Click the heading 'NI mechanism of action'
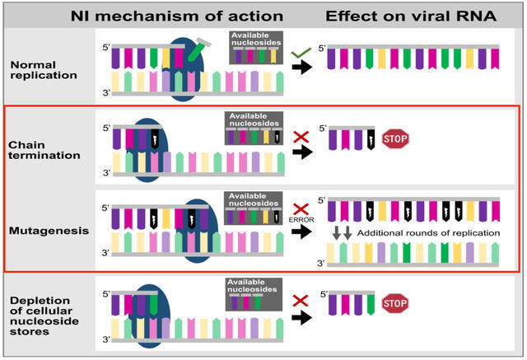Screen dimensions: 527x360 (x=177, y=16)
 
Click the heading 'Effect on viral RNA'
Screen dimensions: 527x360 (x=411, y=16)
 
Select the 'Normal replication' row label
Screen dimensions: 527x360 (x=44, y=70)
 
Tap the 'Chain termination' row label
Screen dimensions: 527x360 (x=44, y=150)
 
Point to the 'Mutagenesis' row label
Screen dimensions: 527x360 (x=49, y=231)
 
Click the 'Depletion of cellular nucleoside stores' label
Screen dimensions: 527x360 (x=44, y=316)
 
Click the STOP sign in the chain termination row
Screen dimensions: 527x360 (x=395, y=139)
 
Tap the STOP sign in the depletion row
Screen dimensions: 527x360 (x=395, y=303)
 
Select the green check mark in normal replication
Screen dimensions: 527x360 (x=301, y=53)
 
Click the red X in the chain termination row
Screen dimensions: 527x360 (x=301, y=137)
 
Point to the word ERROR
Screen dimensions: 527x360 (x=301, y=220)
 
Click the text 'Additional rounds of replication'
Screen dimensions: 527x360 (x=428, y=233)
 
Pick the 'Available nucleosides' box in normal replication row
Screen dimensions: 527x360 (x=256, y=48)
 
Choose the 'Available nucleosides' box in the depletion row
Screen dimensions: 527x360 (x=254, y=294)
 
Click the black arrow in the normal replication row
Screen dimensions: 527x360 (x=302, y=68)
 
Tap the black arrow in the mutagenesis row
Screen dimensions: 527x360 (x=301, y=231)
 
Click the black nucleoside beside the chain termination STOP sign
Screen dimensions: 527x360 (x=371, y=139)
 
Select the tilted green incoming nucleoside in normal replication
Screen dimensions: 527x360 (x=198, y=49)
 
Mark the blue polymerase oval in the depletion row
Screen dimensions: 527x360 (x=150, y=316)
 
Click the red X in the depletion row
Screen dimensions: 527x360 (x=301, y=301)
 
